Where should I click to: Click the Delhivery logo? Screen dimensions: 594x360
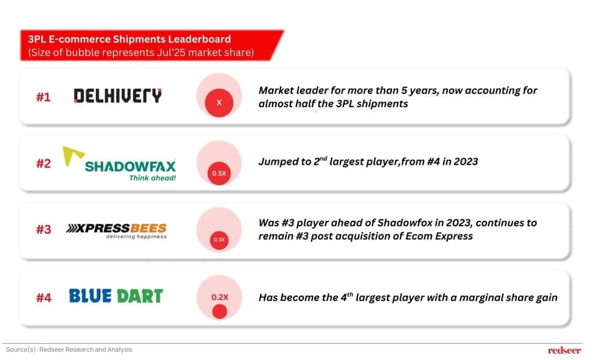pyautogui.click(x=117, y=96)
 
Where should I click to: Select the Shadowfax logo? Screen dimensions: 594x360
pyautogui.click(x=119, y=164)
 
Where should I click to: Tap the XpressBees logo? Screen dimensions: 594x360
pyautogui.click(x=116, y=231)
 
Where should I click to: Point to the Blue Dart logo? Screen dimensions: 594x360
pyautogui.click(x=116, y=296)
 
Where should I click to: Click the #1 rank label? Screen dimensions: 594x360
pyautogui.click(x=43, y=97)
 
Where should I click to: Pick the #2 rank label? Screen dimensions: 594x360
pyautogui.click(x=43, y=163)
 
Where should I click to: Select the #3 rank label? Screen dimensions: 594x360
pyautogui.click(x=43, y=230)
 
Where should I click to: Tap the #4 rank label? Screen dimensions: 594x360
pyautogui.click(x=44, y=297)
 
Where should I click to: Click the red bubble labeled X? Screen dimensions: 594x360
pyautogui.click(x=219, y=103)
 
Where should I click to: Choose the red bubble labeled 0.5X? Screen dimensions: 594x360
pyautogui.click(x=219, y=173)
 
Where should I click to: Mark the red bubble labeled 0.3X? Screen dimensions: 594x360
pyautogui.click(x=219, y=240)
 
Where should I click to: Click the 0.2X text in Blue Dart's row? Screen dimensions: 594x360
pyautogui.click(x=220, y=297)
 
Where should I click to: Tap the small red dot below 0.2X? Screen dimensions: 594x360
pyautogui.click(x=220, y=311)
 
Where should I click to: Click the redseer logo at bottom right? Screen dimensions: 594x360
pyautogui.click(x=564, y=350)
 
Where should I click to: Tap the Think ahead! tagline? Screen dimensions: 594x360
pyautogui.click(x=153, y=178)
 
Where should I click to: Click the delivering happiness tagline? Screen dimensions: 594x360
pyautogui.click(x=136, y=237)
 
